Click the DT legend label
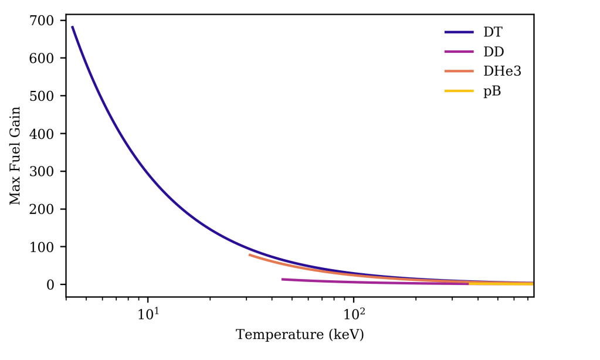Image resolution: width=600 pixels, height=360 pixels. (493, 32)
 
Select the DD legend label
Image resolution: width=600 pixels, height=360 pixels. (493, 52)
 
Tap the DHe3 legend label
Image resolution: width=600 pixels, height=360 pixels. (502, 72)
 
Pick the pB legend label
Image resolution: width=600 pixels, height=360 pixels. (492, 91)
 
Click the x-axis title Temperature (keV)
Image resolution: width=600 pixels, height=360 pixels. (300, 335)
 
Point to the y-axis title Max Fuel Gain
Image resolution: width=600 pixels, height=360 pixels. (15, 155)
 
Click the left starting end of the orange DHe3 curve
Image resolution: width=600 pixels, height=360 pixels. (249, 255)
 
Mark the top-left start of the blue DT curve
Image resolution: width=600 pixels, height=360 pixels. (72, 26)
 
